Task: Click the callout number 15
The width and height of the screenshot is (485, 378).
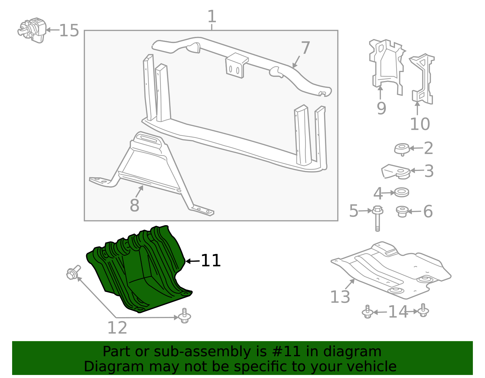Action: tap(69, 31)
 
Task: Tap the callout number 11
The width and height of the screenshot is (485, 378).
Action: tap(211, 261)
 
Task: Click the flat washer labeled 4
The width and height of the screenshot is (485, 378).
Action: tap(402, 192)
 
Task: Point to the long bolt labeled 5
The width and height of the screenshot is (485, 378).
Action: tap(377, 218)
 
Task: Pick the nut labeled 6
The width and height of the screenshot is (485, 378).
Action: tap(402, 211)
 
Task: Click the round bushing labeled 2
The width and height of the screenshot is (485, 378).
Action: tap(402, 149)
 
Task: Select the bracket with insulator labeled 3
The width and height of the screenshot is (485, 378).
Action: tap(396, 172)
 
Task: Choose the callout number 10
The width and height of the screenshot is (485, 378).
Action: tap(420, 124)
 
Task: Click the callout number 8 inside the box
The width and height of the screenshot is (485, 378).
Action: tap(134, 205)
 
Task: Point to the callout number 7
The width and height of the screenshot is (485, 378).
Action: tap(306, 48)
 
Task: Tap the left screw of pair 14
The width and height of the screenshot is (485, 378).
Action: tap(367, 312)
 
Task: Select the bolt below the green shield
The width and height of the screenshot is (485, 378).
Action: tap(184, 316)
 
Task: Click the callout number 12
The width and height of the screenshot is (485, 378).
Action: tap(117, 328)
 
